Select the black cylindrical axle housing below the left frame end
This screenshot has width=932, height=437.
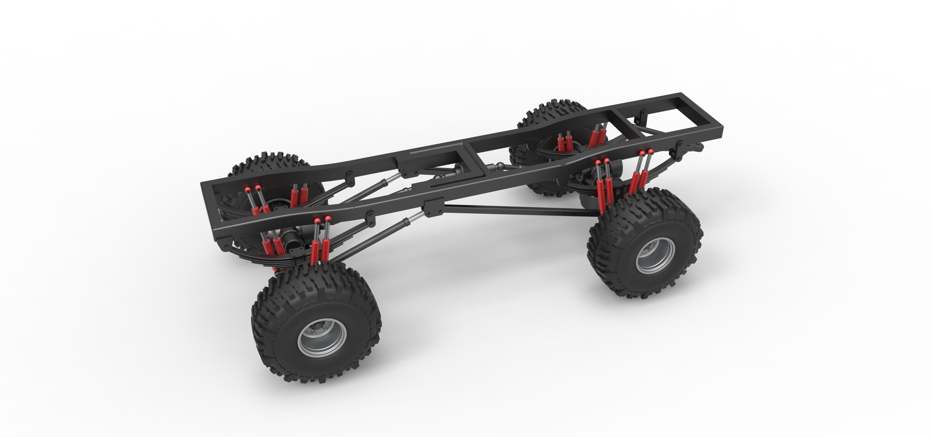[289, 239]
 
